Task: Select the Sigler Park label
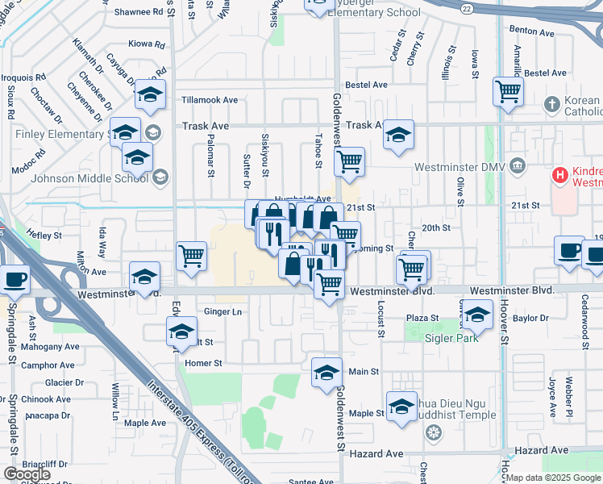(451, 338)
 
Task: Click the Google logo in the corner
(27, 474)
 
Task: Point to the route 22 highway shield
(468, 7)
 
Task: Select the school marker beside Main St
(326, 372)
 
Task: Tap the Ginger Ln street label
(223, 311)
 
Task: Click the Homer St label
(203, 363)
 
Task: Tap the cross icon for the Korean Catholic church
(551, 104)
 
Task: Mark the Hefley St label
(44, 236)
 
